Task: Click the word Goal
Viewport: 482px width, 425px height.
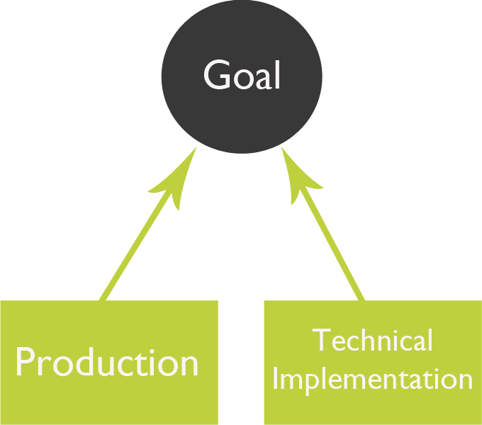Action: [242, 75]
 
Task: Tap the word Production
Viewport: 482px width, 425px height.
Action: [107, 362]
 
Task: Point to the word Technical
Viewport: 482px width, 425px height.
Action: [373, 341]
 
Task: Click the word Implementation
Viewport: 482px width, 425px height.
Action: [372, 379]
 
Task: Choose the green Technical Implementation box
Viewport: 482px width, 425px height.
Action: [372, 407]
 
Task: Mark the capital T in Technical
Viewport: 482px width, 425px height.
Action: [321, 341]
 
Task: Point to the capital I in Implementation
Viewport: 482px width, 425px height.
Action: [276, 379]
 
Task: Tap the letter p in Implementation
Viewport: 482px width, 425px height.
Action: [313, 382]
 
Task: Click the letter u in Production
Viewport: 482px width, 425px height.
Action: [107, 365]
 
